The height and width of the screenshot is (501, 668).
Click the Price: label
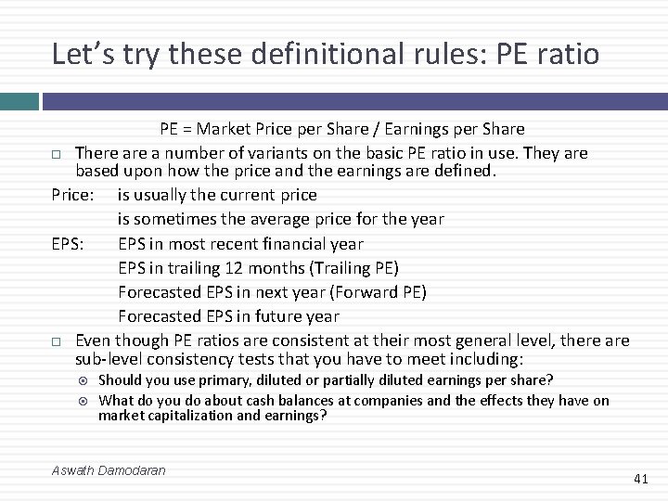(72, 195)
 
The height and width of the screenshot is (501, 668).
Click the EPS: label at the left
(69, 244)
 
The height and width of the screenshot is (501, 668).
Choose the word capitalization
(194, 416)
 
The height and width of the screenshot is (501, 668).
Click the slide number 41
(640, 479)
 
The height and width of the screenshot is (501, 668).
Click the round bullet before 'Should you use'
(84, 380)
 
